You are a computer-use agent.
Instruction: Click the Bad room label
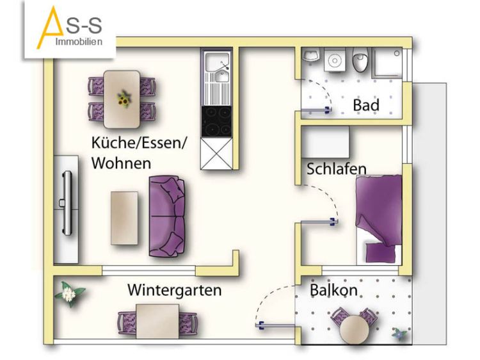click(366, 105)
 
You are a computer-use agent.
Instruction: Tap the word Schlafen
click(337, 169)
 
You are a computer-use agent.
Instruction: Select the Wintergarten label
click(175, 290)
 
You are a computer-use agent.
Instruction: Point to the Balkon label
click(333, 290)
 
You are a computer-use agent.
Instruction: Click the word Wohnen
click(121, 163)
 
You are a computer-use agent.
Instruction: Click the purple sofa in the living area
click(167, 216)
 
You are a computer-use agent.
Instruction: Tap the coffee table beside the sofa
click(124, 218)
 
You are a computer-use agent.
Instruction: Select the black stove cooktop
click(216, 122)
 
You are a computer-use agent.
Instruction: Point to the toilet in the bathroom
click(360, 60)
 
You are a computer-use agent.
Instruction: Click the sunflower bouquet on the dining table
click(124, 99)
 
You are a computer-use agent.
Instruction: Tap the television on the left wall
click(67, 203)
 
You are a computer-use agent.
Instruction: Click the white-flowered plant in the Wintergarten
click(69, 293)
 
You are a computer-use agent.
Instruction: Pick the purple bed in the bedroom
click(380, 220)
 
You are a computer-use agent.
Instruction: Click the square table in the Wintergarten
click(157, 322)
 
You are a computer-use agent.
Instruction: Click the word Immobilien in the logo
click(79, 42)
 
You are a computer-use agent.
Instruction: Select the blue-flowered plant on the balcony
click(401, 334)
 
